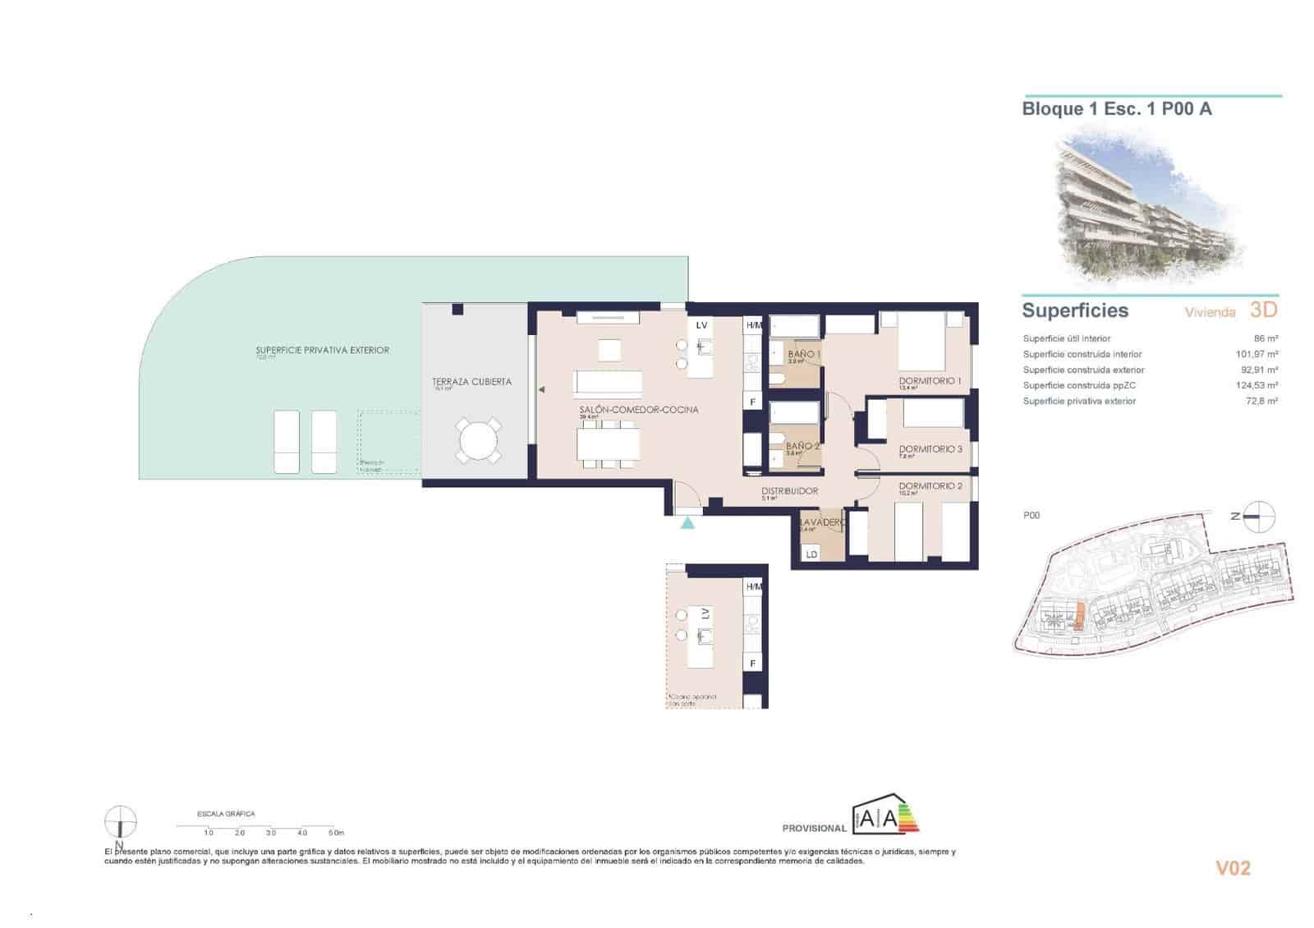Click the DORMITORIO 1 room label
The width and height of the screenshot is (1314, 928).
click(x=930, y=381)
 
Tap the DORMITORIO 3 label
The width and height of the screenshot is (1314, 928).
click(x=930, y=449)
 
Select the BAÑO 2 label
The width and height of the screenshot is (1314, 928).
click(x=802, y=446)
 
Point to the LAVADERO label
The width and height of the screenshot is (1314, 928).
click(x=822, y=522)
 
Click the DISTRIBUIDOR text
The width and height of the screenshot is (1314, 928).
click(x=789, y=491)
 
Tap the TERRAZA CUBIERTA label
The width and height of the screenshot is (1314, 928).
click(x=471, y=382)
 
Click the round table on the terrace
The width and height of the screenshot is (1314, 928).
click(x=479, y=442)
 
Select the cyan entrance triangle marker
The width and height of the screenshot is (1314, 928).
click(x=687, y=521)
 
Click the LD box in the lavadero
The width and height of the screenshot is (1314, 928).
click(x=811, y=554)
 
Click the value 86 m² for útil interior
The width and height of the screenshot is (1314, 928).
click(x=1265, y=338)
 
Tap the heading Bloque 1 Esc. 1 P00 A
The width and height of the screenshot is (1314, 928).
click(x=1116, y=109)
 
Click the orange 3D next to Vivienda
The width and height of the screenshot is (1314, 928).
click(x=1263, y=310)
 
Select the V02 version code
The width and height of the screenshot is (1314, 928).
click(x=1233, y=868)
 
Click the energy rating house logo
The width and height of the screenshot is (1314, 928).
click(x=885, y=815)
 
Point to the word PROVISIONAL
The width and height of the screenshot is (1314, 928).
click(x=814, y=829)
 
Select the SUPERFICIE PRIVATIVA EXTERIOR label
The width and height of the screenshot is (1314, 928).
click(x=322, y=351)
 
